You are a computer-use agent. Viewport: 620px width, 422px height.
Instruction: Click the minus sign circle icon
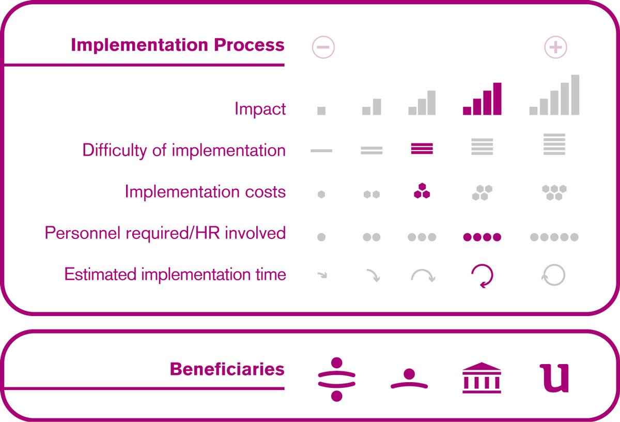click(323, 47)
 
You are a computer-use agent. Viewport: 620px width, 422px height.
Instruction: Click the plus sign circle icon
click(555, 47)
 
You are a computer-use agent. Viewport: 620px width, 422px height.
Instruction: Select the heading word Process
click(249, 44)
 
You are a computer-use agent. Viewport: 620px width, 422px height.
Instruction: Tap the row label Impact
click(260, 108)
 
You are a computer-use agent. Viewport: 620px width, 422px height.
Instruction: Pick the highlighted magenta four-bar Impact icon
click(482, 99)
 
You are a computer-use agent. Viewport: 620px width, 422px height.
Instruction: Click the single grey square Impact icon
click(321, 111)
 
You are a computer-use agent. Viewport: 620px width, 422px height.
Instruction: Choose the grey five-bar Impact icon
click(554, 95)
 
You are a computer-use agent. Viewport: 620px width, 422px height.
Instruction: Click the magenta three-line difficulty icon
click(422, 148)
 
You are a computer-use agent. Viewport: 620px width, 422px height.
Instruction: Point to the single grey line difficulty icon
click(321, 150)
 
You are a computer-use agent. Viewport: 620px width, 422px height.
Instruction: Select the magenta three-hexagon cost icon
click(422, 191)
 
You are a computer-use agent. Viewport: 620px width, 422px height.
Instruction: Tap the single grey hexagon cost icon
click(321, 194)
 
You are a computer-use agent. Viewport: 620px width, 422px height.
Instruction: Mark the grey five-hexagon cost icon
click(554, 192)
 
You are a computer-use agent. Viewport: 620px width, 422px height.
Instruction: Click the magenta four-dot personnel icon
click(482, 237)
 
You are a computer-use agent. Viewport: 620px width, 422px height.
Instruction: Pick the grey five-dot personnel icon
click(554, 237)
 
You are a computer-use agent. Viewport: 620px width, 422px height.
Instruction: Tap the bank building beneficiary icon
click(482, 378)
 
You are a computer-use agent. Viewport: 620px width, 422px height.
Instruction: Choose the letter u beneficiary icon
click(554, 378)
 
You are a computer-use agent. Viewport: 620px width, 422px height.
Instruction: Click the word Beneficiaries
click(227, 369)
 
